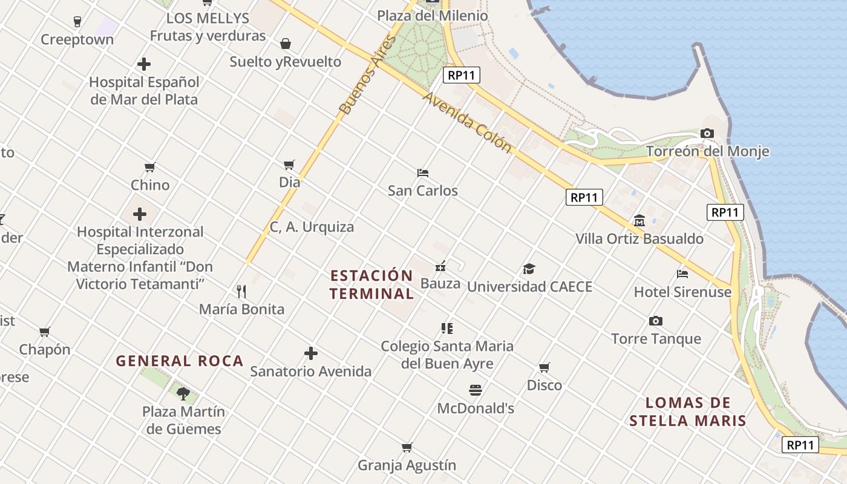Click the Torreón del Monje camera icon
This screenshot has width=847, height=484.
point(707,133)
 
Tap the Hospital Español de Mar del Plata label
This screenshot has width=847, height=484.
point(144,91)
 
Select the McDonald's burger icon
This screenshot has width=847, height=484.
point(475,390)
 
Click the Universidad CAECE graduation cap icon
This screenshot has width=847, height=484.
point(529,269)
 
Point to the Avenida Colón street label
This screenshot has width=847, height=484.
point(467,122)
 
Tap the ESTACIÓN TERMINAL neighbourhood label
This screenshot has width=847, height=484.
point(372,284)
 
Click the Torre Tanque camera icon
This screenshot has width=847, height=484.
point(655,321)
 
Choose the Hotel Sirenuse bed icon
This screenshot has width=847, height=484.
point(682,273)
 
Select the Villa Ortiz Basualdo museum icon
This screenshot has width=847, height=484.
point(639,220)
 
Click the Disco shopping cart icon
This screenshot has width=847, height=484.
point(544,367)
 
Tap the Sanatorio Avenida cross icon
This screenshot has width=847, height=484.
point(311,353)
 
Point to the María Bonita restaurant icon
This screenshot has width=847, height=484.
point(241,291)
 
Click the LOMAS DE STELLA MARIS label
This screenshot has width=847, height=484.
point(687,411)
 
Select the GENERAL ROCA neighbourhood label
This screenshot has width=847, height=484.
point(180,361)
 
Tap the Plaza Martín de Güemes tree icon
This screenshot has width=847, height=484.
point(183,394)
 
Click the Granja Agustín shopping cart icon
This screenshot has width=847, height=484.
point(407,447)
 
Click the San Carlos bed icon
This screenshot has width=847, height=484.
point(423,172)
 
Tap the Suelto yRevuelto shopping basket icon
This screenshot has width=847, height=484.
point(286,44)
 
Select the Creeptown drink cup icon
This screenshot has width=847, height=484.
point(77,22)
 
